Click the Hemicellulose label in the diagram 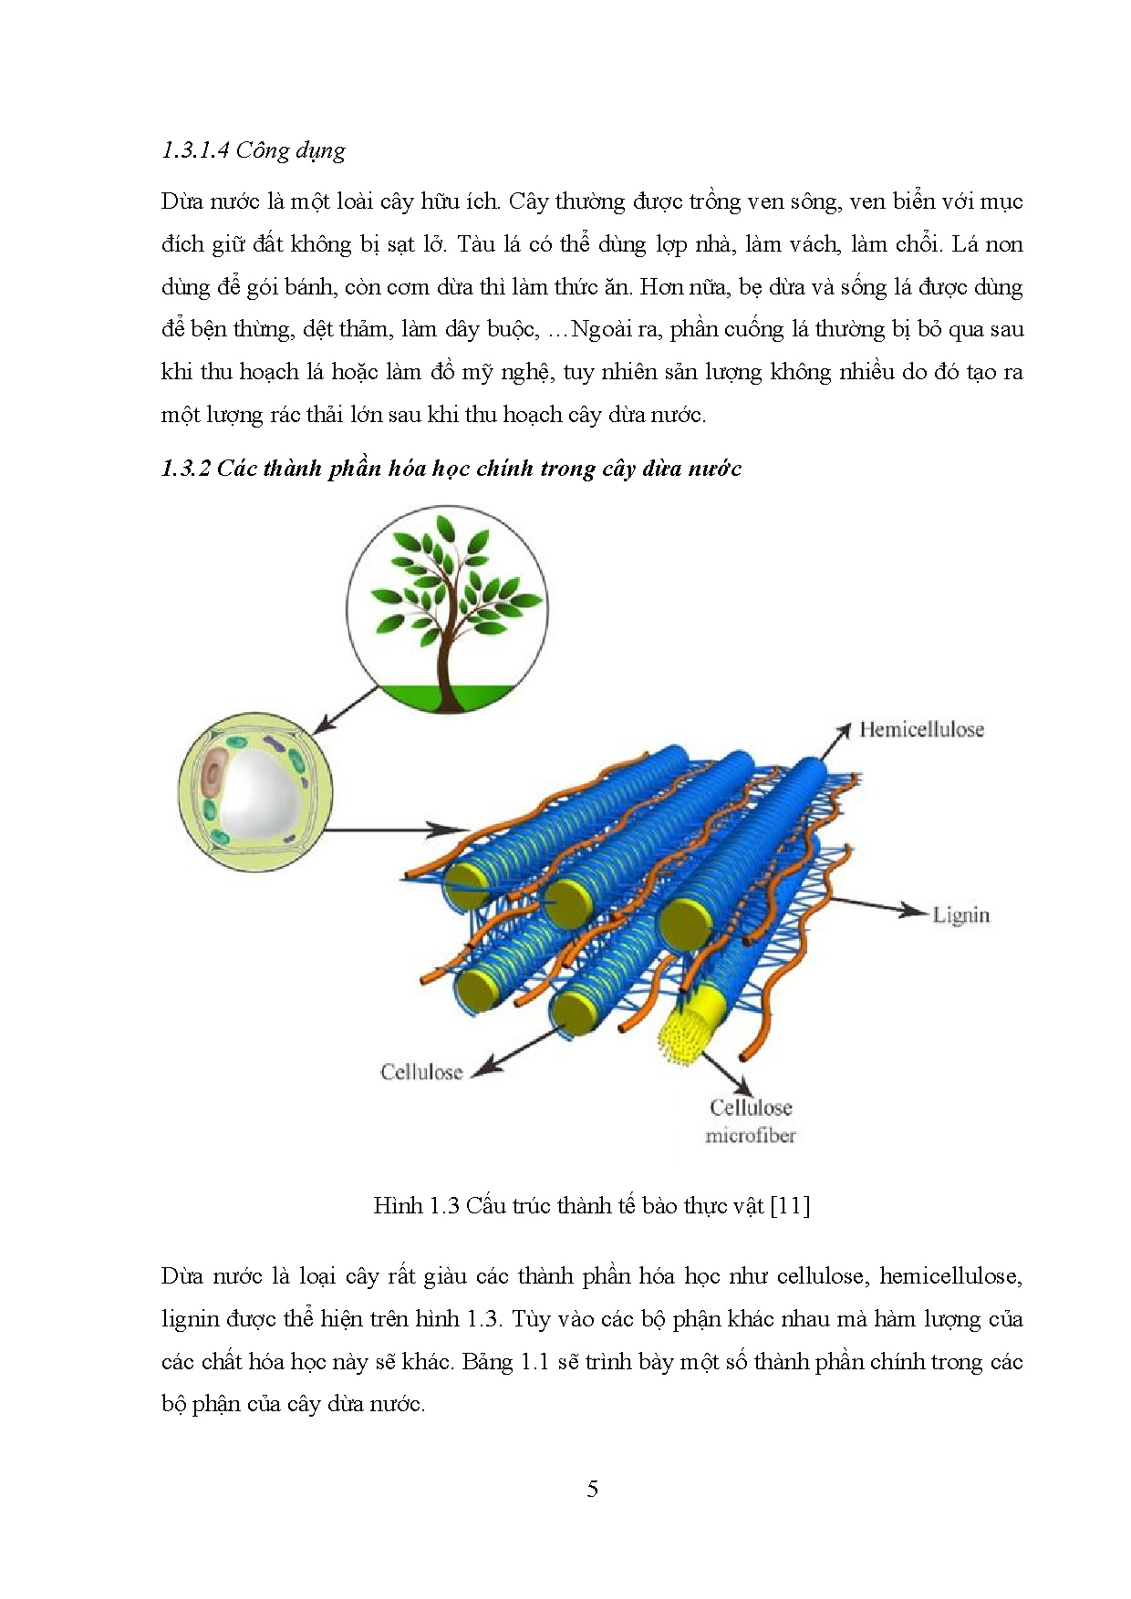click(921, 729)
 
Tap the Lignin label click(960, 914)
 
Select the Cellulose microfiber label click(751, 1120)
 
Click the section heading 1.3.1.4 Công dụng click(254, 150)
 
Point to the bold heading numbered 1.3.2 click(451, 469)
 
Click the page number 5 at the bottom click(592, 1489)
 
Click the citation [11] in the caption click(790, 1205)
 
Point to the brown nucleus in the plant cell click(215, 775)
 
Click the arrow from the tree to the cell click(345, 709)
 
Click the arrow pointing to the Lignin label click(876, 906)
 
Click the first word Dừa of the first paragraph click(181, 201)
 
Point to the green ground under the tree click(447, 697)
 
